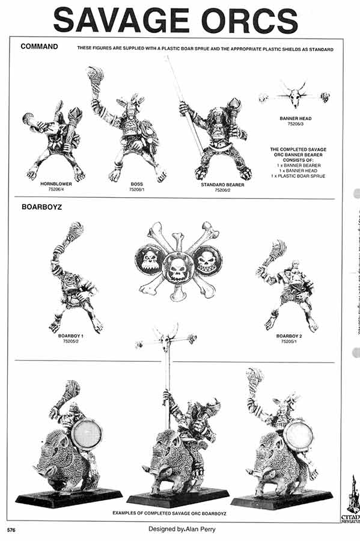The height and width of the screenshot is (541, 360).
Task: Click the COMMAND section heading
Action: pyautogui.click(x=38, y=46)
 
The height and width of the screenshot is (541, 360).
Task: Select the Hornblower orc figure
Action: pyautogui.click(x=53, y=142)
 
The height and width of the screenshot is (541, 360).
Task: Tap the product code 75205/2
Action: pyautogui.click(x=71, y=340)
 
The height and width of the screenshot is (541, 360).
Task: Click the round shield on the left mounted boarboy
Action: pyautogui.click(x=86, y=435)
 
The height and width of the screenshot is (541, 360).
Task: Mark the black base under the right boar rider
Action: pyautogui.click(x=281, y=498)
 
